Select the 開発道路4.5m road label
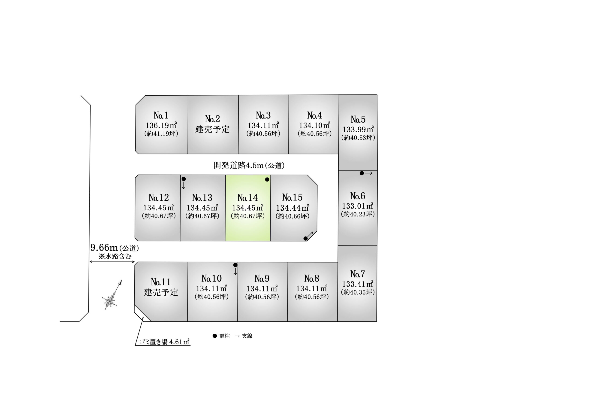(249, 165)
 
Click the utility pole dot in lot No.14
(267, 179)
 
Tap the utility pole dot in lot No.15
(305, 239)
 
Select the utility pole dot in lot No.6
(362, 173)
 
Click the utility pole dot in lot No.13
(184, 179)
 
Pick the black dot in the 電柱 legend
(215, 336)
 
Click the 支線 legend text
(247, 336)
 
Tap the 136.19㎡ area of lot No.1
(161, 125)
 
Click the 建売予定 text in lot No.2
(212, 129)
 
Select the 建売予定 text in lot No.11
(161, 292)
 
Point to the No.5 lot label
(358, 119)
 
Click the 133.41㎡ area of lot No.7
(358, 284)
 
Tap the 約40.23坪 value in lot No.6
(358, 214)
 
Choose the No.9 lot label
(262, 279)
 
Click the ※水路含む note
(115, 256)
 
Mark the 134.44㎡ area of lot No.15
(292, 208)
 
